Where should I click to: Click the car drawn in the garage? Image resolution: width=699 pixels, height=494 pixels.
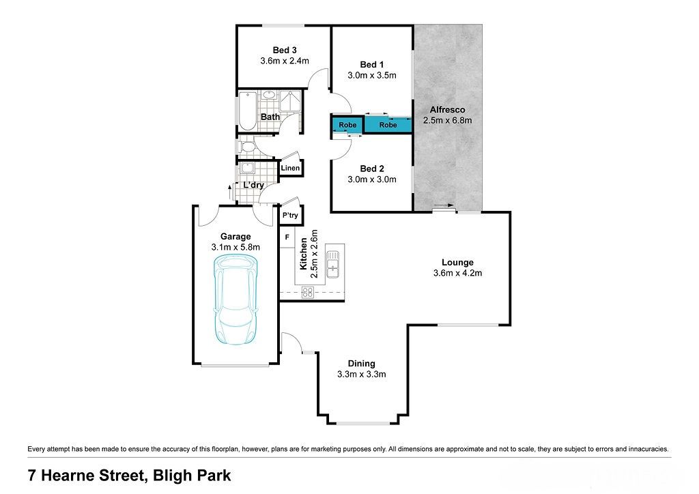[236, 300]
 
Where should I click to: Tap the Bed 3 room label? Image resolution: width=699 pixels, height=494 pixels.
[285, 50]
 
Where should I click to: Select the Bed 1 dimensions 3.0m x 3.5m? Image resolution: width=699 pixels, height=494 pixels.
[372, 75]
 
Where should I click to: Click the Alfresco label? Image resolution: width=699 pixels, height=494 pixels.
[447, 110]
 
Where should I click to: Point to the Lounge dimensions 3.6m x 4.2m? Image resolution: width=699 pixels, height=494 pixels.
[457, 273]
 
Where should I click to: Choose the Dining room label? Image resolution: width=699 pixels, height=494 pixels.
[362, 364]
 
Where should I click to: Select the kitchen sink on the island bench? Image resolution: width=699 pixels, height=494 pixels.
[332, 264]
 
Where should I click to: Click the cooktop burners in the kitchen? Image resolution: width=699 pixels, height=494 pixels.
[308, 292]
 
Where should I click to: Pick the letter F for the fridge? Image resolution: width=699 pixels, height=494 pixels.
[287, 237]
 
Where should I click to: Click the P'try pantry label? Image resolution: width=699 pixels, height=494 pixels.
[290, 216]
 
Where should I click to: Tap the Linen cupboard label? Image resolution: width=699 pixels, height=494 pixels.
[290, 168]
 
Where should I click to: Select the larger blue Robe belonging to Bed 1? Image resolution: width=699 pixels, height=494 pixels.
[388, 125]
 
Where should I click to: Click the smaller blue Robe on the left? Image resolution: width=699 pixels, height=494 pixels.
[347, 125]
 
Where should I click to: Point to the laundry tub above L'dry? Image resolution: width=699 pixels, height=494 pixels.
[246, 169]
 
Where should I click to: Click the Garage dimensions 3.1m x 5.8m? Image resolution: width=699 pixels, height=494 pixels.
[236, 247]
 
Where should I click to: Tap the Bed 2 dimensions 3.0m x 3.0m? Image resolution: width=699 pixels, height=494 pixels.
[372, 179]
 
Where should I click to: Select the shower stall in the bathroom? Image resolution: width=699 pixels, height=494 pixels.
[290, 102]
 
